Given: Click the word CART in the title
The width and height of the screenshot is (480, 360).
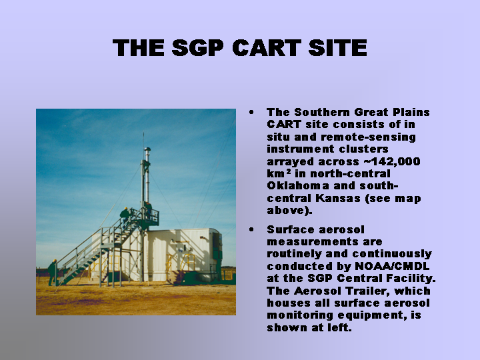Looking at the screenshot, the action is pos(267,48).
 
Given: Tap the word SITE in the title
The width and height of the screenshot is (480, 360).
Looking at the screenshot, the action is pos(337,48).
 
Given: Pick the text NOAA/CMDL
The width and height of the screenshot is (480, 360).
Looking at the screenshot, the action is pos(392,266).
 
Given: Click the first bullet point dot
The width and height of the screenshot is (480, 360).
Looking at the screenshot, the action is pos(251,113).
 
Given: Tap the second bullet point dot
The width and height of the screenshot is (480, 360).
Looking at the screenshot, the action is pos(251,229).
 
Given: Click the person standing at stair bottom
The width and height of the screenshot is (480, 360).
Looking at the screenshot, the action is pos(53,273).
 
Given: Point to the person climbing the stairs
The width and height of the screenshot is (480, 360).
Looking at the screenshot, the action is pos(125,215).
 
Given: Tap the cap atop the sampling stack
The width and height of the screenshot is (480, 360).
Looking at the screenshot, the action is pos(147,150).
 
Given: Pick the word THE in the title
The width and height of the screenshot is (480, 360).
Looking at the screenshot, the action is pos(139,48).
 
